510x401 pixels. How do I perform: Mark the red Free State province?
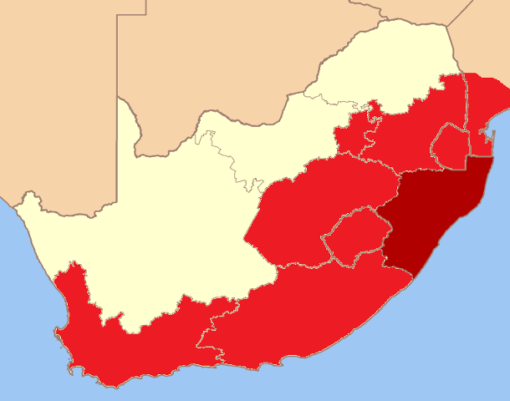coord(309,209)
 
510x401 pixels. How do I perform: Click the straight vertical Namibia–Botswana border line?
coord(118,50)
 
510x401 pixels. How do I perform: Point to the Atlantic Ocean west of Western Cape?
coord(25,317)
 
